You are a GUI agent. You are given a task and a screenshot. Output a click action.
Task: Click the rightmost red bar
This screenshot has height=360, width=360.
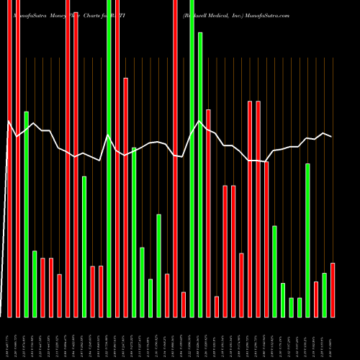[x=333, y=289]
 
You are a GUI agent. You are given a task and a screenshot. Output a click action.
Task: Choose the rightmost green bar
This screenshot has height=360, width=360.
[x=325, y=295]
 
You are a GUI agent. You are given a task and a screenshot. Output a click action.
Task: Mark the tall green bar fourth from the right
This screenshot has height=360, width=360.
[x=308, y=240]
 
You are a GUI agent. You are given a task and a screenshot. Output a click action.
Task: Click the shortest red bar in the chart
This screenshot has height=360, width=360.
[x=217, y=307]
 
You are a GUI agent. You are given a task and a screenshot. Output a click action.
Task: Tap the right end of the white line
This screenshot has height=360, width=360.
[x=331, y=137]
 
